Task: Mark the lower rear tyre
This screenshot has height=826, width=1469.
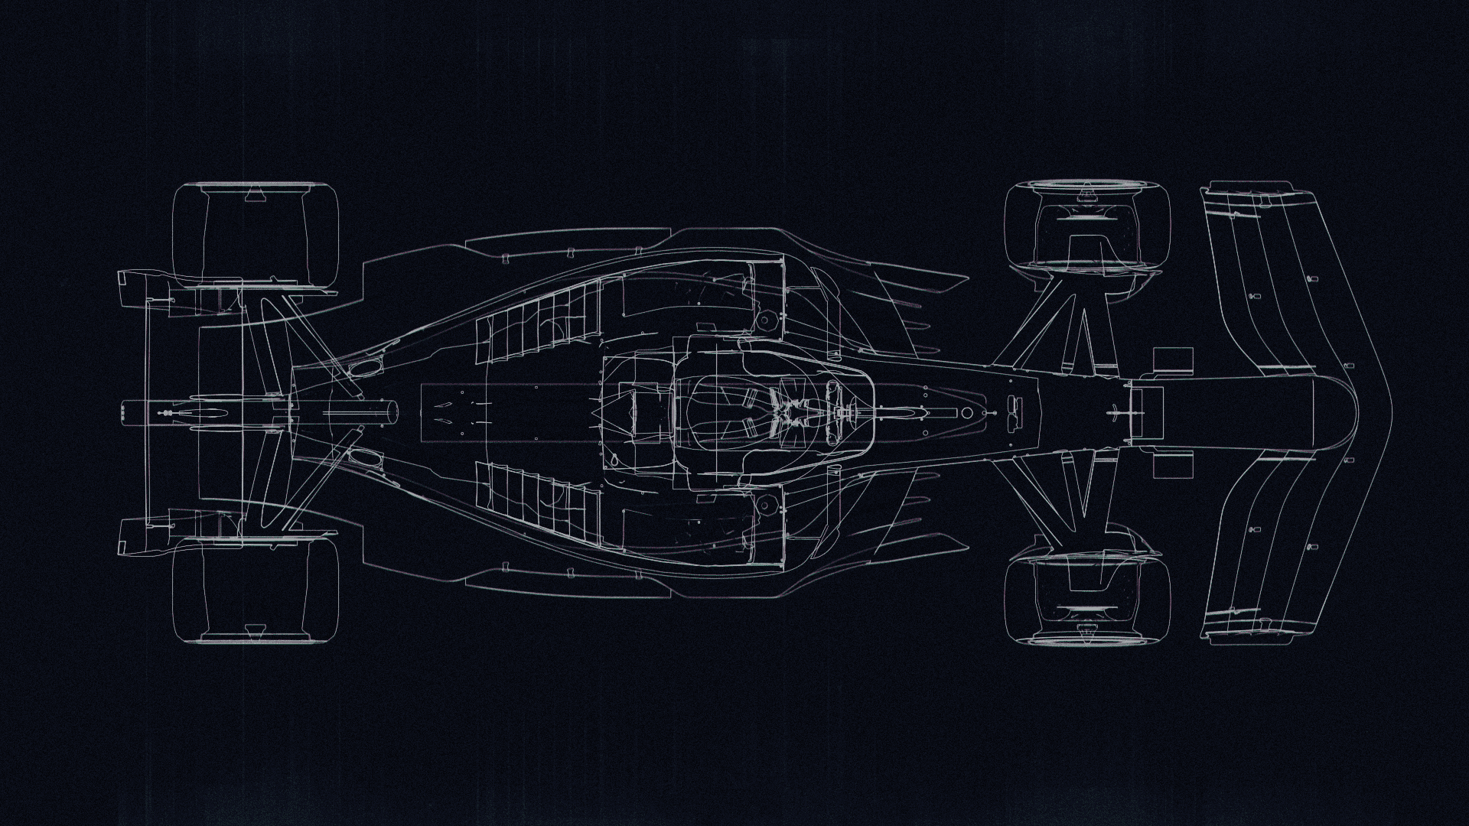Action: (256, 590)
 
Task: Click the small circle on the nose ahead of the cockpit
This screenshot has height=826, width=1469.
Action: (967, 413)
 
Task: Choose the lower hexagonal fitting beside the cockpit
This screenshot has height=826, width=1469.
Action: (763, 505)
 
